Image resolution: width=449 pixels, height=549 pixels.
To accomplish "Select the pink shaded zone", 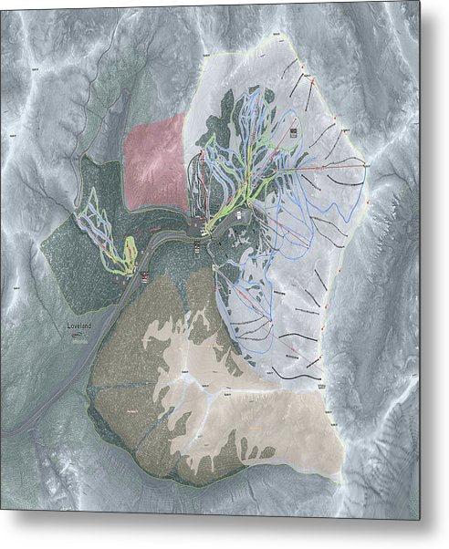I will pyautogui.click(x=153, y=160).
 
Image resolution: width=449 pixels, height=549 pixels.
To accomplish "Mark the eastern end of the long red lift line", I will pyautogui.click(x=367, y=164).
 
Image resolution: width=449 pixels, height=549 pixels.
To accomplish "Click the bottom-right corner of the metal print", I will pyautogui.click(x=421, y=520).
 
